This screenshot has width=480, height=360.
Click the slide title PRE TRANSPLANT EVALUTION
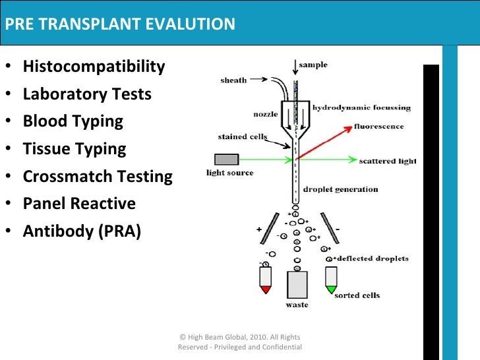click(x=120, y=25)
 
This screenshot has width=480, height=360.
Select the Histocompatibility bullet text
click(x=94, y=67)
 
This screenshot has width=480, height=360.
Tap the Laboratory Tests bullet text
click(x=87, y=94)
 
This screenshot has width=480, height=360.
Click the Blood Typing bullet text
click(x=73, y=121)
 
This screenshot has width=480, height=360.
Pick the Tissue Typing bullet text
click(x=74, y=149)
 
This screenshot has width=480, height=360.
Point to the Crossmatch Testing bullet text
click(x=98, y=177)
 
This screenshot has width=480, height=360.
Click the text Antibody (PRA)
click(x=82, y=231)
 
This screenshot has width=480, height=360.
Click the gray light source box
click(x=226, y=159)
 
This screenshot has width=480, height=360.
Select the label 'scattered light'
click(x=387, y=161)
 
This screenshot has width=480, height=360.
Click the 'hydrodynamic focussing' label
click(x=361, y=107)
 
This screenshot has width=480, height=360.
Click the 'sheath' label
click(x=233, y=80)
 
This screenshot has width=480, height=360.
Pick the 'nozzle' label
click(x=266, y=114)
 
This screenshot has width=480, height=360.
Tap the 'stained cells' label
click(x=241, y=137)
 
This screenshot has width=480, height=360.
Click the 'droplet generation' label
click(x=340, y=189)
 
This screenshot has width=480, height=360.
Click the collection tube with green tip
click(x=331, y=280)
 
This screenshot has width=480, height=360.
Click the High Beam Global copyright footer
click(x=240, y=342)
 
